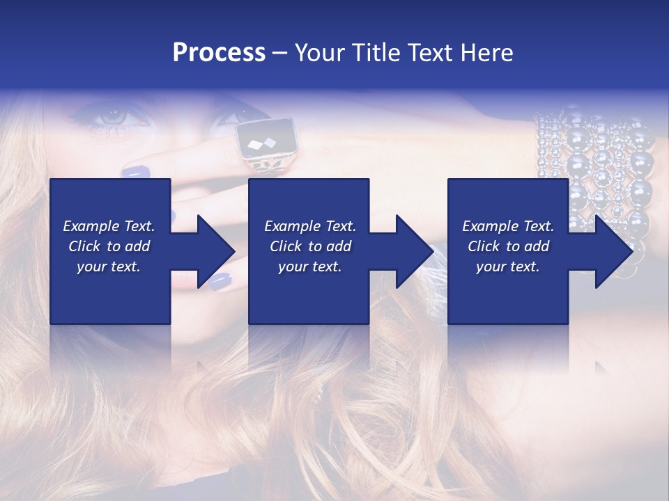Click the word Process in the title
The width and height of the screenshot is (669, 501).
point(219,52)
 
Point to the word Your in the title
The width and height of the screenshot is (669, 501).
point(317,52)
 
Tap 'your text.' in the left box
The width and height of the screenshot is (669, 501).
point(109,267)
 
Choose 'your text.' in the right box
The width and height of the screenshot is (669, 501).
point(508,267)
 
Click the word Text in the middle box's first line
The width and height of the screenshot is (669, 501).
point(341,226)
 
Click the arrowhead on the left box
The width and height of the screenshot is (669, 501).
point(212,250)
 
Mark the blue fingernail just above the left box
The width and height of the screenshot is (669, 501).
point(135,170)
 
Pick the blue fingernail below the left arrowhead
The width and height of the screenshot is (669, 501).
point(220,280)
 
